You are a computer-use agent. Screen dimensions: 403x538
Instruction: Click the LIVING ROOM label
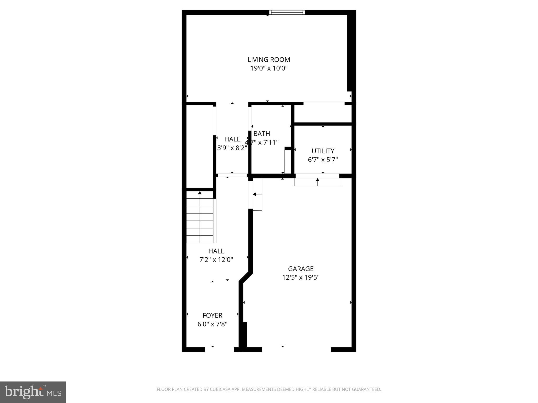pos(269,60)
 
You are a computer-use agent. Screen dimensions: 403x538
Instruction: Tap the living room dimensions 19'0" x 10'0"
pos(269,68)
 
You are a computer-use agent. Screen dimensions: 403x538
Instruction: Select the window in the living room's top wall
pos(287,12)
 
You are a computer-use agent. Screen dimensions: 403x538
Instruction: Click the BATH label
pos(262,134)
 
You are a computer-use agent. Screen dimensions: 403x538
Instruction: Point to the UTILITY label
pos(323,151)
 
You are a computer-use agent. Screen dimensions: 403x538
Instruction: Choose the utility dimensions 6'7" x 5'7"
pos(323,160)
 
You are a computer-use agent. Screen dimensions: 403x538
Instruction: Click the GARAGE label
pos(301,269)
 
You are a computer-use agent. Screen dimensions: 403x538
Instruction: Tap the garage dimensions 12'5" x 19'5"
pos(301,277)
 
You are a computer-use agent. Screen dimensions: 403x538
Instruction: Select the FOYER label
pos(212,315)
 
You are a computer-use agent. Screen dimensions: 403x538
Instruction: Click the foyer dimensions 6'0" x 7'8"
pos(212,324)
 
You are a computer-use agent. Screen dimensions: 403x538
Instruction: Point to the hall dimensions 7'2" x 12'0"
pos(216,260)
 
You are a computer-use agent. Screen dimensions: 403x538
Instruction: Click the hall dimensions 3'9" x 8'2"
pos(232,148)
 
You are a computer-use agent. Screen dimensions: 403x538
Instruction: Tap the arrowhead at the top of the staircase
pos(200,193)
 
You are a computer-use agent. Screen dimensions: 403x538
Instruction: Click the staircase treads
pos(200,220)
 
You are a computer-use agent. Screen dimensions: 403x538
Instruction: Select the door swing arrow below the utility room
pos(318,180)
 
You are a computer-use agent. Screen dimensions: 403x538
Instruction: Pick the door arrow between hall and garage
pos(255,194)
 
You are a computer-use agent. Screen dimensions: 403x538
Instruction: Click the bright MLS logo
pos(33,392)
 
